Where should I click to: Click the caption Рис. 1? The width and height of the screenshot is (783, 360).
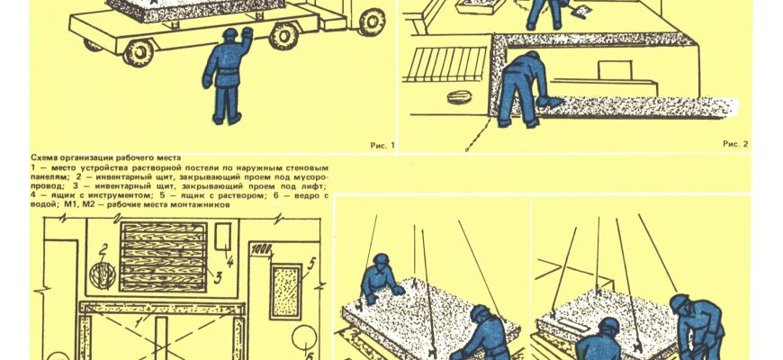coord(382,145)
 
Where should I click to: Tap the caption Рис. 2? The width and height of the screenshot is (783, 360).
coord(735,144)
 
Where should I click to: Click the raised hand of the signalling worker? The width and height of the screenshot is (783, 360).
coord(247,33)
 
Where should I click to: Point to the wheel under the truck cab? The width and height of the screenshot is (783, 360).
coord(372,21)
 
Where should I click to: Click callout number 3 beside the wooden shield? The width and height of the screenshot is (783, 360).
coord(217,277)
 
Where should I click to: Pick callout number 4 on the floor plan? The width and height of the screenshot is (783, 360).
coord(229,261)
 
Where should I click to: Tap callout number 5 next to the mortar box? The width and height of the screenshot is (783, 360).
coord(311,263)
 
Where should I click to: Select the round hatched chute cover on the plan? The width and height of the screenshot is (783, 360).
coord(103,275)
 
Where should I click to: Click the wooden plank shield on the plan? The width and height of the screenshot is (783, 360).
coord(163,256)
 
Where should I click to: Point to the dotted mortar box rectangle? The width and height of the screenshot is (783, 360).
coord(285,292)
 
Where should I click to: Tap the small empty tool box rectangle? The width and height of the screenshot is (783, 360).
coord(222,236)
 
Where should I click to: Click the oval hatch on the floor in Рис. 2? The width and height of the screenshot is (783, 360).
coord(460,97)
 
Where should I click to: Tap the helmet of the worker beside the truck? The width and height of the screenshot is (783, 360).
coord(229,33)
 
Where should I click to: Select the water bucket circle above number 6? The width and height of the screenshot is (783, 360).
coord(304,338)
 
